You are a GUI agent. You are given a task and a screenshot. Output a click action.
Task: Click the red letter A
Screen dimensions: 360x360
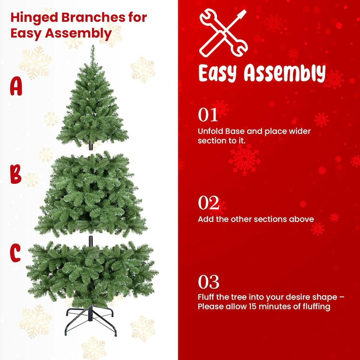pyautogui.click(x=16, y=87)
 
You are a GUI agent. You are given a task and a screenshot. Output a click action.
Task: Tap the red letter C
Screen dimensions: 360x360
pyautogui.click(x=15, y=253)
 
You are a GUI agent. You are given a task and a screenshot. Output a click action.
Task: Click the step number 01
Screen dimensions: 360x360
pyautogui.click(x=208, y=115)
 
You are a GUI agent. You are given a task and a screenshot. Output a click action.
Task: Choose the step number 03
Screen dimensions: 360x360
pyautogui.click(x=208, y=282)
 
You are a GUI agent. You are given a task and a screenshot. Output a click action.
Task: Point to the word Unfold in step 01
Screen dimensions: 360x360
pyautogui.click(x=210, y=132)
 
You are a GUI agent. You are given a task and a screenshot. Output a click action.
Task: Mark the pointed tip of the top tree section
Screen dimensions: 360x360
pyautogui.click(x=92, y=47)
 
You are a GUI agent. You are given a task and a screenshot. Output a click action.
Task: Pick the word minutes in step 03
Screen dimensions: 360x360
pyautogui.click(x=276, y=306)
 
